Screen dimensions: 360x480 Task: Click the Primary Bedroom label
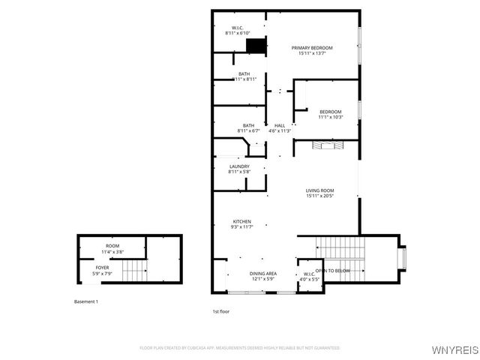(311, 47)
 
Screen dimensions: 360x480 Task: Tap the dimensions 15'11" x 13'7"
(311, 53)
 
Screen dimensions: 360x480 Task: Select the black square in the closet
(256, 46)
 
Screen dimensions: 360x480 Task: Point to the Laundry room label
(239, 166)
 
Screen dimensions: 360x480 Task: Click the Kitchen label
(241, 221)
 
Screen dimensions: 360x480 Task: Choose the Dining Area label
(262, 274)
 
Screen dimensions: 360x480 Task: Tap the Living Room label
(319, 190)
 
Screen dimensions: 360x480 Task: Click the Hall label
(279, 125)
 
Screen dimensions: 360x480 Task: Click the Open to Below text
(332, 271)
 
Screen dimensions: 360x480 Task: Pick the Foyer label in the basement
(102, 268)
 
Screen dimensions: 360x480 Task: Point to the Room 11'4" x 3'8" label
(112, 249)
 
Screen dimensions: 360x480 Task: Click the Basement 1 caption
(85, 301)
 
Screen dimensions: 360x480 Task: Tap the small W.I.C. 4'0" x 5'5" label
(309, 277)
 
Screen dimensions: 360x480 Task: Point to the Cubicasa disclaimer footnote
(239, 348)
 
